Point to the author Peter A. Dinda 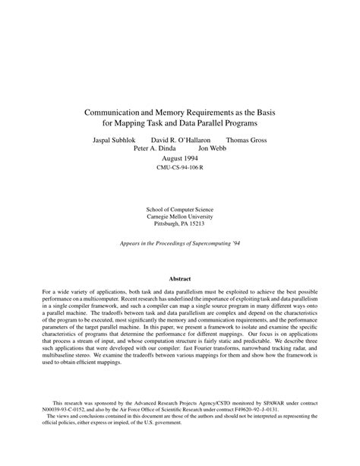point(156,149)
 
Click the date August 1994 point(180,159)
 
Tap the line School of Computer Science point(180,208)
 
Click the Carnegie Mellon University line point(180,216)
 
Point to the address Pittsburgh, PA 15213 point(180,223)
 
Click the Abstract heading point(180,279)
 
